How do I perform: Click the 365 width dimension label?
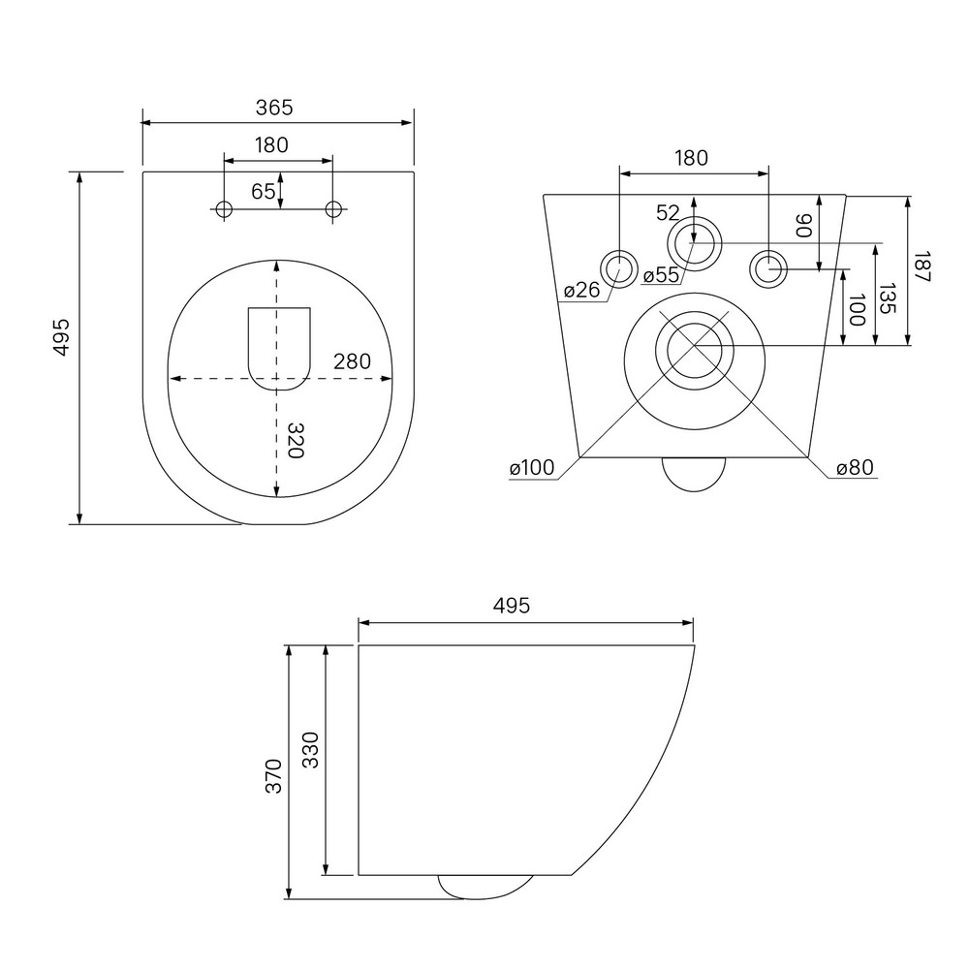[x=274, y=108]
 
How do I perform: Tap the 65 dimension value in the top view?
[x=264, y=192]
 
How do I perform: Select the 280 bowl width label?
[x=353, y=361]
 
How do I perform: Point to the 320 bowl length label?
[x=297, y=440]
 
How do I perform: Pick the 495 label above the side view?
[x=512, y=606]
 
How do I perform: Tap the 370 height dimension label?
[x=273, y=776]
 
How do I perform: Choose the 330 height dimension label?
[x=310, y=750]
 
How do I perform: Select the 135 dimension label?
[x=887, y=298]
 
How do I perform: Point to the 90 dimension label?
[x=803, y=226]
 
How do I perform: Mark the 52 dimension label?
[x=668, y=213]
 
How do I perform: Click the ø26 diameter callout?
[x=582, y=289]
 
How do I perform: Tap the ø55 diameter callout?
[x=661, y=275]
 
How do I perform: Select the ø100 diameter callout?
[x=532, y=468]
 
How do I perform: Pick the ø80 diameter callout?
[x=856, y=468]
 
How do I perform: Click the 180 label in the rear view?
[x=691, y=158]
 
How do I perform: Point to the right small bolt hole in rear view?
[x=768, y=268]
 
